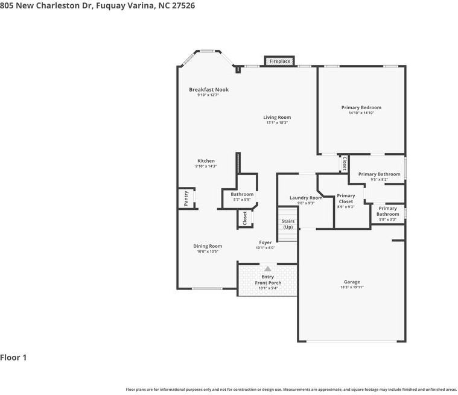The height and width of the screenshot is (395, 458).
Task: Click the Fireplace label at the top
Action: (x=279, y=62)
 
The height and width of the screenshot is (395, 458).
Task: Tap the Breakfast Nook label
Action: (x=208, y=90)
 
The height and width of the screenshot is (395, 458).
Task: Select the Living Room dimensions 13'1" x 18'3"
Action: (x=277, y=123)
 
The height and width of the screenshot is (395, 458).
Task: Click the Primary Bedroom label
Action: (x=361, y=107)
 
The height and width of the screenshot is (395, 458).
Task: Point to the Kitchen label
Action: (x=206, y=161)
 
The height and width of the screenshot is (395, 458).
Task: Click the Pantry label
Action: (x=186, y=198)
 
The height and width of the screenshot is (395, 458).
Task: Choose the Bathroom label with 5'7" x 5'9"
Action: (x=242, y=194)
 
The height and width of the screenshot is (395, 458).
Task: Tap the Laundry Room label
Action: (x=306, y=198)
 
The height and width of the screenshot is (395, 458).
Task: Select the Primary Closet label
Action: (x=346, y=198)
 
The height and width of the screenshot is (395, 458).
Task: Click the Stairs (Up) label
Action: (x=288, y=224)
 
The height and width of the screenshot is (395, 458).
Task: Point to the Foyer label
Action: (x=265, y=242)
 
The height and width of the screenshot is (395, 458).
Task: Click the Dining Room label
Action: (x=208, y=246)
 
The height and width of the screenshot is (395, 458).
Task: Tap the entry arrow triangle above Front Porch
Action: (x=267, y=269)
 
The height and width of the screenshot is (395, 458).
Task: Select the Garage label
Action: (x=352, y=282)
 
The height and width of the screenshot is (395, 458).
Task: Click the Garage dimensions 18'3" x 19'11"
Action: (x=352, y=288)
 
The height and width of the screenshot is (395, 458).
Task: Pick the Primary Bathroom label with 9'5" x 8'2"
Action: (x=379, y=174)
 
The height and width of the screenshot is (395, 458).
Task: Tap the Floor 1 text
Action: (x=13, y=358)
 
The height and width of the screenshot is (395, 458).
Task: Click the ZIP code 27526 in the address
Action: (x=182, y=5)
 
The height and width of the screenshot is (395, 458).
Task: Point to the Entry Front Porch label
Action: (x=267, y=280)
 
